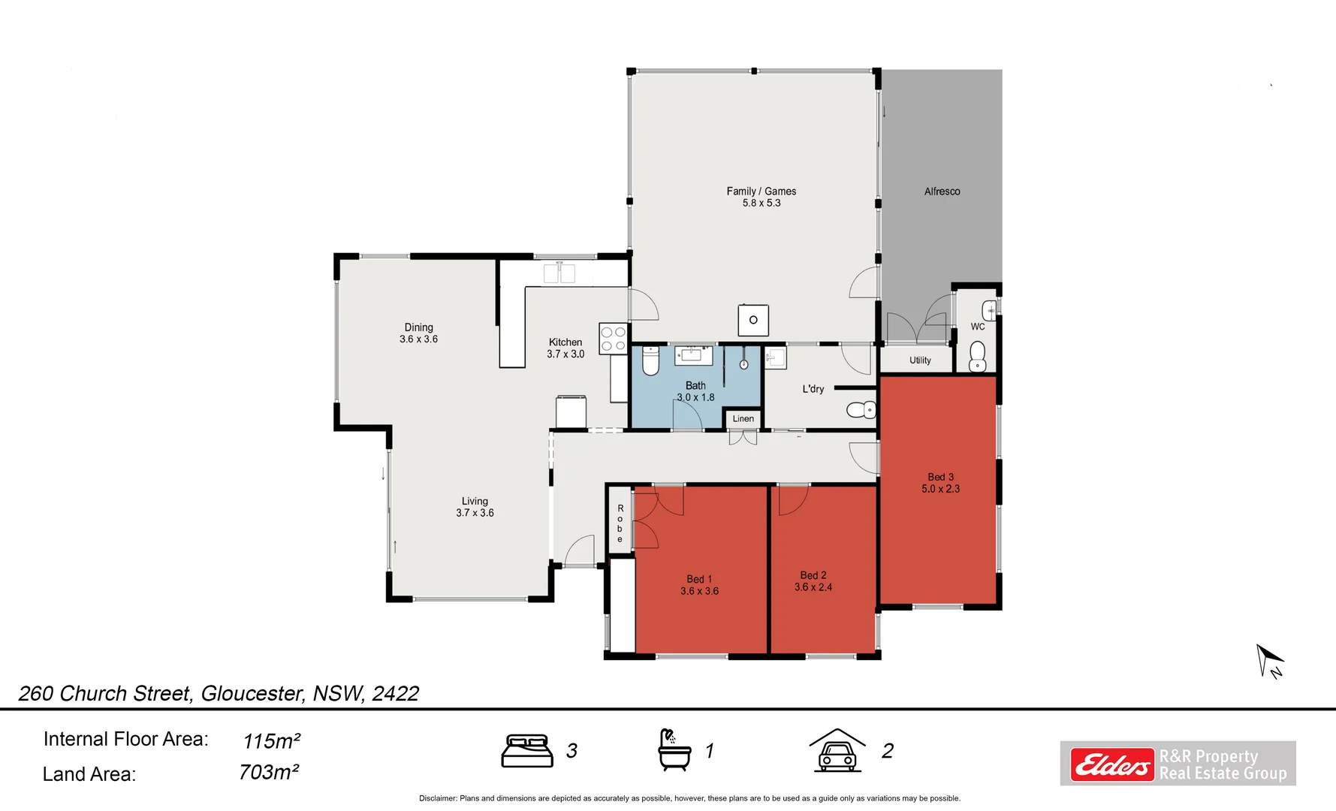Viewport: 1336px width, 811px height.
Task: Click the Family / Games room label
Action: click(761, 191)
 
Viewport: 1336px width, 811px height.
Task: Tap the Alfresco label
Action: click(942, 191)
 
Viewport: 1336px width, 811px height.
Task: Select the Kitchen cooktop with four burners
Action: click(613, 339)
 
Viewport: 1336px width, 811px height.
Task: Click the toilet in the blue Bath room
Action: click(650, 360)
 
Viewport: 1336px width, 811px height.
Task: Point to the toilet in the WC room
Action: click(977, 357)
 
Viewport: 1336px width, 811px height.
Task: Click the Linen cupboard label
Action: click(743, 419)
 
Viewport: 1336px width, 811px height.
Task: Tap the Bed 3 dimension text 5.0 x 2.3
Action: click(940, 489)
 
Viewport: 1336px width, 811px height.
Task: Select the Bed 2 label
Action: click(813, 575)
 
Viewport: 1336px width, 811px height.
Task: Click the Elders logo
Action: click(1111, 765)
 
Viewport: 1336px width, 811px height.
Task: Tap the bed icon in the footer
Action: click(526, 751)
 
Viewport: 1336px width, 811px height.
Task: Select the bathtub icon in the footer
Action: click(674, 749)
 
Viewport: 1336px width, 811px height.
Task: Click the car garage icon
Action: click(837, 750)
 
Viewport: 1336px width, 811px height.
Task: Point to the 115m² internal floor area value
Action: click(271, 740)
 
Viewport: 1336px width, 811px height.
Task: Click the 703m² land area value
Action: click(269, 772)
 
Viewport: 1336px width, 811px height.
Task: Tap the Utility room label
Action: click(920, 360)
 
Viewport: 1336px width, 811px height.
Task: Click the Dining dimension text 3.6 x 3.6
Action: click(418, 339)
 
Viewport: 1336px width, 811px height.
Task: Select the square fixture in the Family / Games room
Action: click(753, 320)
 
